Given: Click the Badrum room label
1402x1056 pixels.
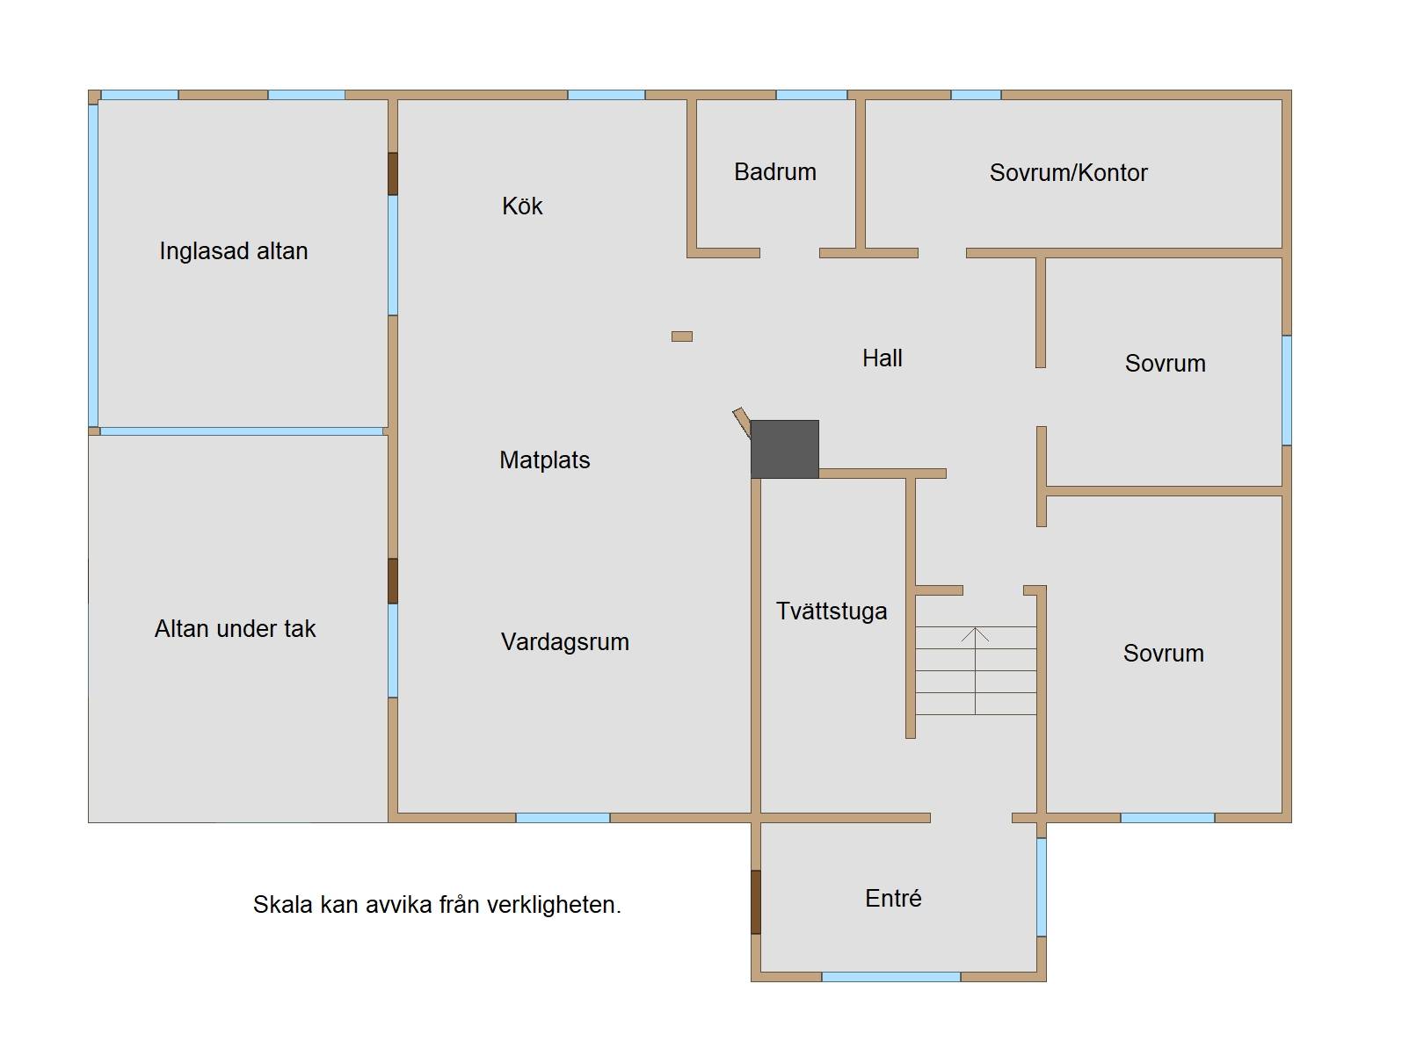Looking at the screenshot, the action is [x=774, y=171].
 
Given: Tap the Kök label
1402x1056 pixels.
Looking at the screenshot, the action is [x=522, y=206].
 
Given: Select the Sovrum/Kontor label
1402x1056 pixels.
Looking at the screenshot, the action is [x=1068, y=172].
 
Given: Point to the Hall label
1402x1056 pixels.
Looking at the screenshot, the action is [x=883, y=358].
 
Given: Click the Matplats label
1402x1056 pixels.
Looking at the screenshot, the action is [x=544, y=459].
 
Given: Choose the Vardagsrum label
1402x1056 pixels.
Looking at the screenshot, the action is [x=564, y=641].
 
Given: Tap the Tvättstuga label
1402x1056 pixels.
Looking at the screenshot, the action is [x=831, y=611].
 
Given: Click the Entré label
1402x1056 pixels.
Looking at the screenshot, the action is [x=893, y=898].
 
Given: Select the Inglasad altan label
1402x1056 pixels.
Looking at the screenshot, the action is [x=234, y=251].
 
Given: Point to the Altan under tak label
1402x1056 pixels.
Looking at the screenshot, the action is [x=235, y=628].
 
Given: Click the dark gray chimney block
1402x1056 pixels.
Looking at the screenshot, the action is [x=784, y=449].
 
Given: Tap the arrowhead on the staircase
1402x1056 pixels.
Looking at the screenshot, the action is [x=975, y=634].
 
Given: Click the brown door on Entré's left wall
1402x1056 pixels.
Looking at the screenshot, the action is [x=756, y=902].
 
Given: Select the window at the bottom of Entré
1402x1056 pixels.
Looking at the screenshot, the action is [x=890, y=977].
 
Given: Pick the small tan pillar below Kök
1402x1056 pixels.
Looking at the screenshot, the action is [x=681, y=336].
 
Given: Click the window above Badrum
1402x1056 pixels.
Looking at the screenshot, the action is [x=811, y=95].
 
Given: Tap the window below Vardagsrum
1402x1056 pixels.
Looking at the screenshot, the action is [x=563, y=818].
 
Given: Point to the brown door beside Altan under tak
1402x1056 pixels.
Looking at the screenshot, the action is [x=393, y=581].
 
